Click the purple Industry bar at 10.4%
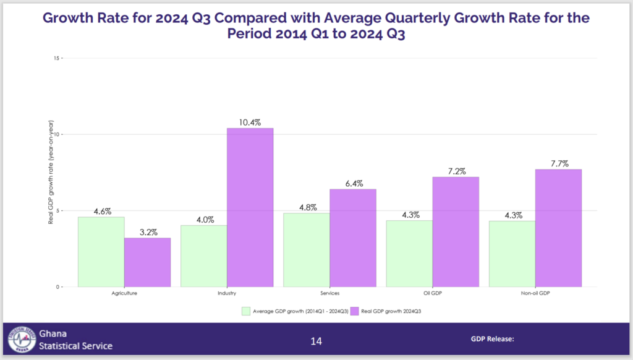[250, 207]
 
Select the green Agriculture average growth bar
[101, 252]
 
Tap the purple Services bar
[352, 238]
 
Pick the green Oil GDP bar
[409, 254]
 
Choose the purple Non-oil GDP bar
[558, 228]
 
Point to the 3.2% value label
[148, 232]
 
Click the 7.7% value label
[558, 163]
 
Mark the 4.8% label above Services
[307, 207]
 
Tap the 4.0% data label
[204, 219]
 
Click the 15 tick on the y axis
[56, 58]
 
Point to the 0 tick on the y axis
[57, 287]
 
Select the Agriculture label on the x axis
[124, 294]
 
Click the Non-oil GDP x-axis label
[535, 294]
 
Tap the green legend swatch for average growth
[246, 312]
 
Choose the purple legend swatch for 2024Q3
[355, 312]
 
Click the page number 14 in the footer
[316, 341]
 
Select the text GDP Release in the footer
[492, 339]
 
